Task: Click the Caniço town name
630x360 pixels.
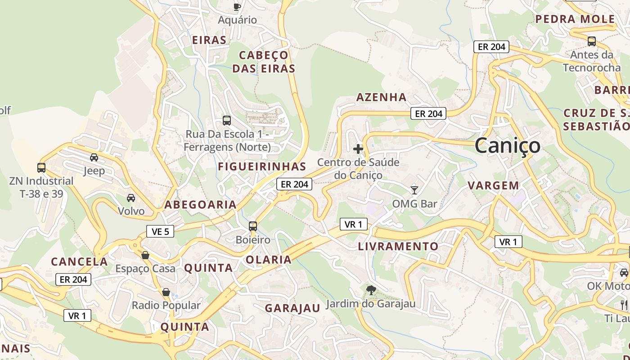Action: [507, 145]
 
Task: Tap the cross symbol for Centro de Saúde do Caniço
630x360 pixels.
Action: [358, 148]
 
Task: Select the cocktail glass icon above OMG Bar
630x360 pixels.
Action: [414, 190]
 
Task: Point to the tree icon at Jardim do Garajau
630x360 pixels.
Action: [371, 290]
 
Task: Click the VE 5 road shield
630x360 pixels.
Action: [160, 231]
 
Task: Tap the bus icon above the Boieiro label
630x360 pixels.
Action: [253, 226]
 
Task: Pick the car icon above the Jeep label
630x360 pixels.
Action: [94, 157]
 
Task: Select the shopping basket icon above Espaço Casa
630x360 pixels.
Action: [145, 255]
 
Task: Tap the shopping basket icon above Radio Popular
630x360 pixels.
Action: [166, 292]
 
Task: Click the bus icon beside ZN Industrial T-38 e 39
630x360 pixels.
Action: [41, 168]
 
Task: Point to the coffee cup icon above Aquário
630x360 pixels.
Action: [237, 6]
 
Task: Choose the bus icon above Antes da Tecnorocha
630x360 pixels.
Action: [592, 41]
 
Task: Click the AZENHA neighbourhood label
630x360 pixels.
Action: [381, 97]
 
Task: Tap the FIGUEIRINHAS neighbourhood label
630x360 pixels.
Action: [262, 166]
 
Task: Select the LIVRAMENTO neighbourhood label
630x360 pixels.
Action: [398, 247]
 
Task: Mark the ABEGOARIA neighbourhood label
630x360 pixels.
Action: [200, 205]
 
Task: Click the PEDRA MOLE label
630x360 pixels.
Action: [575, 19]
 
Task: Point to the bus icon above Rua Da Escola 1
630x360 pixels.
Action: [227, 121]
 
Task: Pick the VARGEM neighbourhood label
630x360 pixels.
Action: [493, 185]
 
